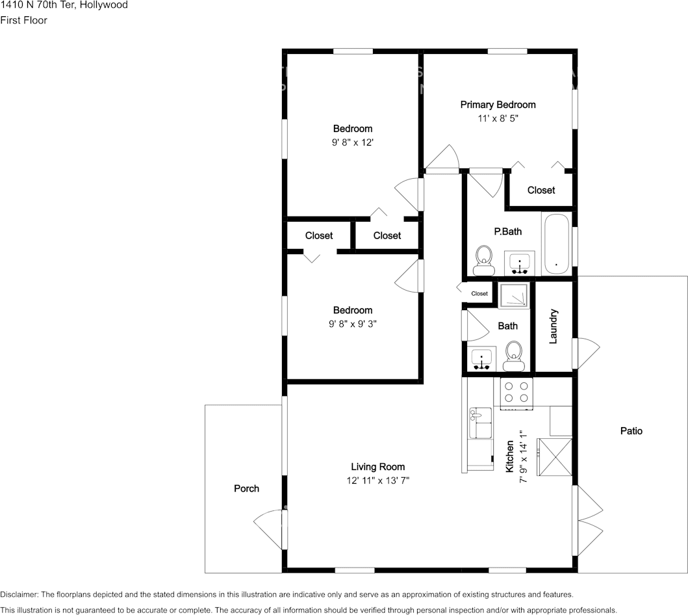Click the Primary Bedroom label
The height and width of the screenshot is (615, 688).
[498, 105]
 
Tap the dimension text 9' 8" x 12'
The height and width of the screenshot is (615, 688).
[353, 142]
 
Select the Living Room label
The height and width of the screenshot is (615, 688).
[377, 467]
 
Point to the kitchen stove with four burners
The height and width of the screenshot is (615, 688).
[516, 392]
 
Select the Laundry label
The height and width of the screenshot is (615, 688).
[554, 326]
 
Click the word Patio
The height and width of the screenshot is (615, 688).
[631, 431]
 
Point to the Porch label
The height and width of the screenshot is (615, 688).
[246, 489]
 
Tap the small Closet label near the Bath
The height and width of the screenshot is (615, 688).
[479, 294]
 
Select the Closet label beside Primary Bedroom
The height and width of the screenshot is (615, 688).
[541, 190]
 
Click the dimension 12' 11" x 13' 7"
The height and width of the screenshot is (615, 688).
[377, 480]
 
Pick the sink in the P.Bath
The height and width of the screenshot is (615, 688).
[520, 263]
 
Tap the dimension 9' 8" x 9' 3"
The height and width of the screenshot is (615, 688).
[353, 324]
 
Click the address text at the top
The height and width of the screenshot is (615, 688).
[64, 5]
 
